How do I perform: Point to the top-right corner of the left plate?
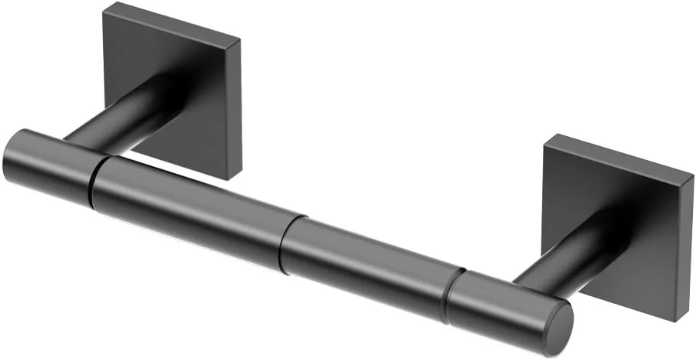pyautogui.click(x=239, y=39)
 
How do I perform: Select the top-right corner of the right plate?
pyautogui.click(x=691, y=175)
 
